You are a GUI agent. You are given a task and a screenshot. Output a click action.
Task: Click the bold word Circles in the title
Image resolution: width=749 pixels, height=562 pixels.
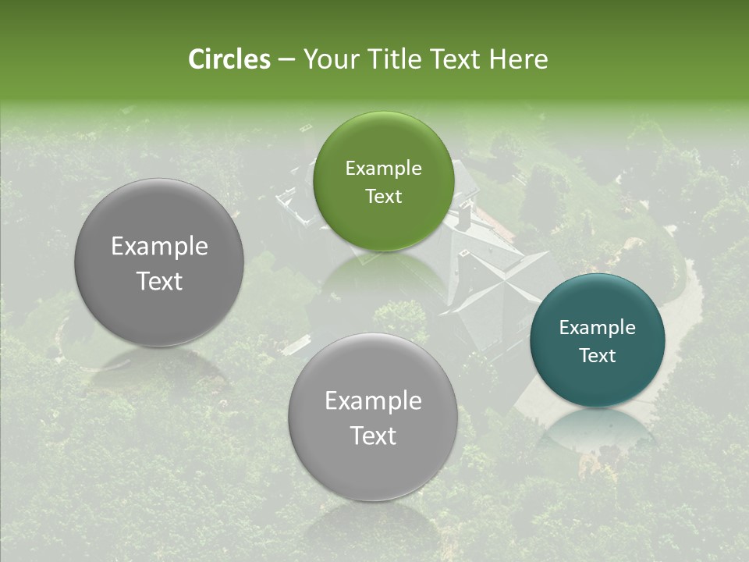(229, 59)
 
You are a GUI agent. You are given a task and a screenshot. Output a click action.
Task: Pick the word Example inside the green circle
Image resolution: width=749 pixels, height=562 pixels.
(383, 169)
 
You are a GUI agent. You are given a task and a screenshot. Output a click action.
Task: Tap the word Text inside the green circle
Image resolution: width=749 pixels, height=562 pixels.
(383, 196)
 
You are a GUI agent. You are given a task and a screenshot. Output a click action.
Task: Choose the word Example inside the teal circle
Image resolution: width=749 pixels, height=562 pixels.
(598, 328)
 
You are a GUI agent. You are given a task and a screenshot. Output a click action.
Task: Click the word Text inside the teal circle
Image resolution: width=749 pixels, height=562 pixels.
(598, 355)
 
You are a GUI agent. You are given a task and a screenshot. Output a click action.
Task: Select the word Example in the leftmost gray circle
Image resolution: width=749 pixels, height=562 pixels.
(159, 247)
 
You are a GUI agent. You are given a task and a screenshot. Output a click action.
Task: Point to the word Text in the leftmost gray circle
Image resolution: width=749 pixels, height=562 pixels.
(159, 281)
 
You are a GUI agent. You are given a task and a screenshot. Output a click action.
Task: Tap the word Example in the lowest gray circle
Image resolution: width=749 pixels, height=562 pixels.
(373, 401)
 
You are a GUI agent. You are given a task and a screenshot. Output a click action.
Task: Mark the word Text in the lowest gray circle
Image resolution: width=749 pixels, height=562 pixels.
(373, 436)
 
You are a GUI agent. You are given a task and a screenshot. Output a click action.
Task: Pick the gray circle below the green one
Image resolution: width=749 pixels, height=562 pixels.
(373, 468)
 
